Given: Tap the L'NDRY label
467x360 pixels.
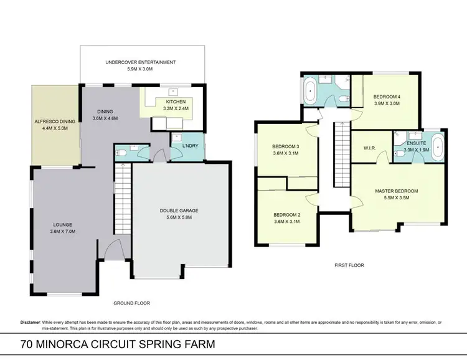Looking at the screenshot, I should point(190,146).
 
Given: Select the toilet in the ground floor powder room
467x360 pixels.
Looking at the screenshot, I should point(123,151).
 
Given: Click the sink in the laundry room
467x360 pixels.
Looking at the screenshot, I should point(177,138).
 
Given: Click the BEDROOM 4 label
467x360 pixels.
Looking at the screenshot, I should point(387,97).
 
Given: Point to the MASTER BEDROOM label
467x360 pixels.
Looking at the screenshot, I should point(396,191).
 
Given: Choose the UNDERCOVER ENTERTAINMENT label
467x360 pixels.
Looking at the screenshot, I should point(141,62).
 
